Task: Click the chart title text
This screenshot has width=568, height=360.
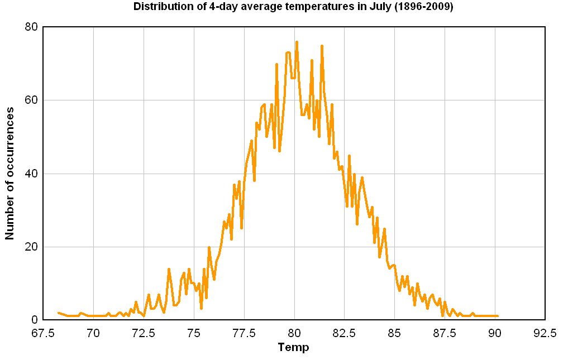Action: click(x=293, y=7)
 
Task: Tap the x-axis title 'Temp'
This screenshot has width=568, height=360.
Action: click(x=293, y=347)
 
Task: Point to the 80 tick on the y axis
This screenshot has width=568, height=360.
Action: click(x=31, y=27)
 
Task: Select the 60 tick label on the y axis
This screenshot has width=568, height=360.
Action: click(x=31, y=100)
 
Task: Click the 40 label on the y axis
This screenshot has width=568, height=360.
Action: click(x=31, y=174)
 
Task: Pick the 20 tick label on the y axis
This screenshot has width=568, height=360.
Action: click(x=31, y=247)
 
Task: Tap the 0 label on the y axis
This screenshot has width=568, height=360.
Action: click(x=34, y=320)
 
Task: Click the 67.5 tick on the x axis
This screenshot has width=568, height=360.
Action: click(x=43, y=333)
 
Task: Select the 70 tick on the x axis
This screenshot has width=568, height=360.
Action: click(x=93, y=333)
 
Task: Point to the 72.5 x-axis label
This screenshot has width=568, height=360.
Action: click(x=144, y=333)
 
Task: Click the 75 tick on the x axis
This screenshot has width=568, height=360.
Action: click(x=194, y=333)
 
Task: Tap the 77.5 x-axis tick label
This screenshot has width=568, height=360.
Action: click(x=244, y=333)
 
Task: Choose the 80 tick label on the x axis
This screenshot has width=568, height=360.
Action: click(x=294, y=333)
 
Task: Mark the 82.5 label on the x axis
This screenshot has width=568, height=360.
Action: click(x=344, y=333)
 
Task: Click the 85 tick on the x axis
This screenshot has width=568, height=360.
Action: click(x=394, y=333)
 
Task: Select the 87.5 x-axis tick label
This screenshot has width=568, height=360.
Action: click(x=445, y=333)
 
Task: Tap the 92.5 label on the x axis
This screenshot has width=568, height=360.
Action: click(x=545, y=333)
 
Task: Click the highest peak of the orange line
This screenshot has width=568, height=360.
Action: click(x=297, y=42)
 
